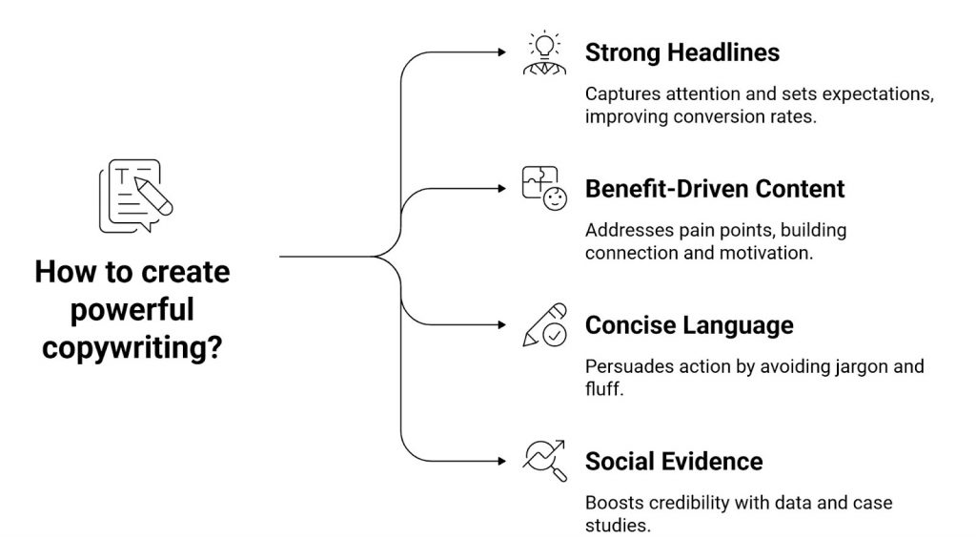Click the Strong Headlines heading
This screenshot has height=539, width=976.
pyautogui.click(x=681, y=52)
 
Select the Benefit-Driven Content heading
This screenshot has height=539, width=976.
pyautogui.click(x=714, y=189)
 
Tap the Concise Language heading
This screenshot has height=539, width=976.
pyautogui.click(x=688, y=325)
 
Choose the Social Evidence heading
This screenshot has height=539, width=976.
pyautogui.click(x=673, y=462)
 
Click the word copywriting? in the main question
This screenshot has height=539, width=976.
pyautogui.click(x=132, y=346)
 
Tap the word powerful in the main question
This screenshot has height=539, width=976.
pyautogui.click(x=132, y=309)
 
